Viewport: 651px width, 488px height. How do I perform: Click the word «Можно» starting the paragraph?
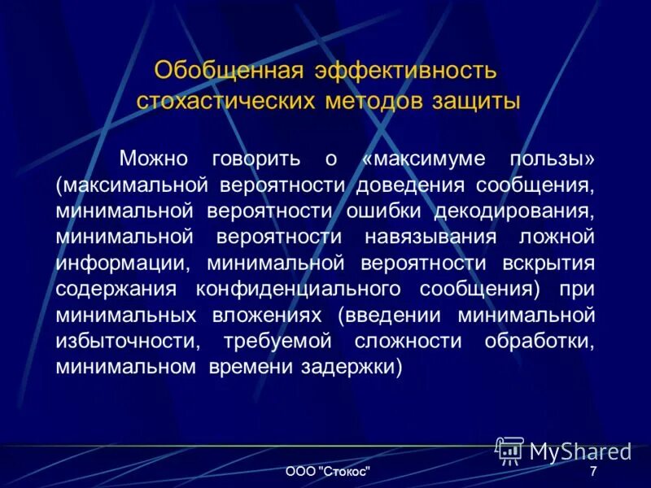coord(155,158)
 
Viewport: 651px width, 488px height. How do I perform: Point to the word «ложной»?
coord(557,237)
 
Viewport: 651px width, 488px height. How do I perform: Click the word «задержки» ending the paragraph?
coord(357,367)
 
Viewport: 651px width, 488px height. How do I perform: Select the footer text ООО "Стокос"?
coord(329,472)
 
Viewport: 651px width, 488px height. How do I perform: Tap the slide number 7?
coord(593,472)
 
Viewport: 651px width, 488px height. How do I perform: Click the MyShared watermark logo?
coord(563,450)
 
